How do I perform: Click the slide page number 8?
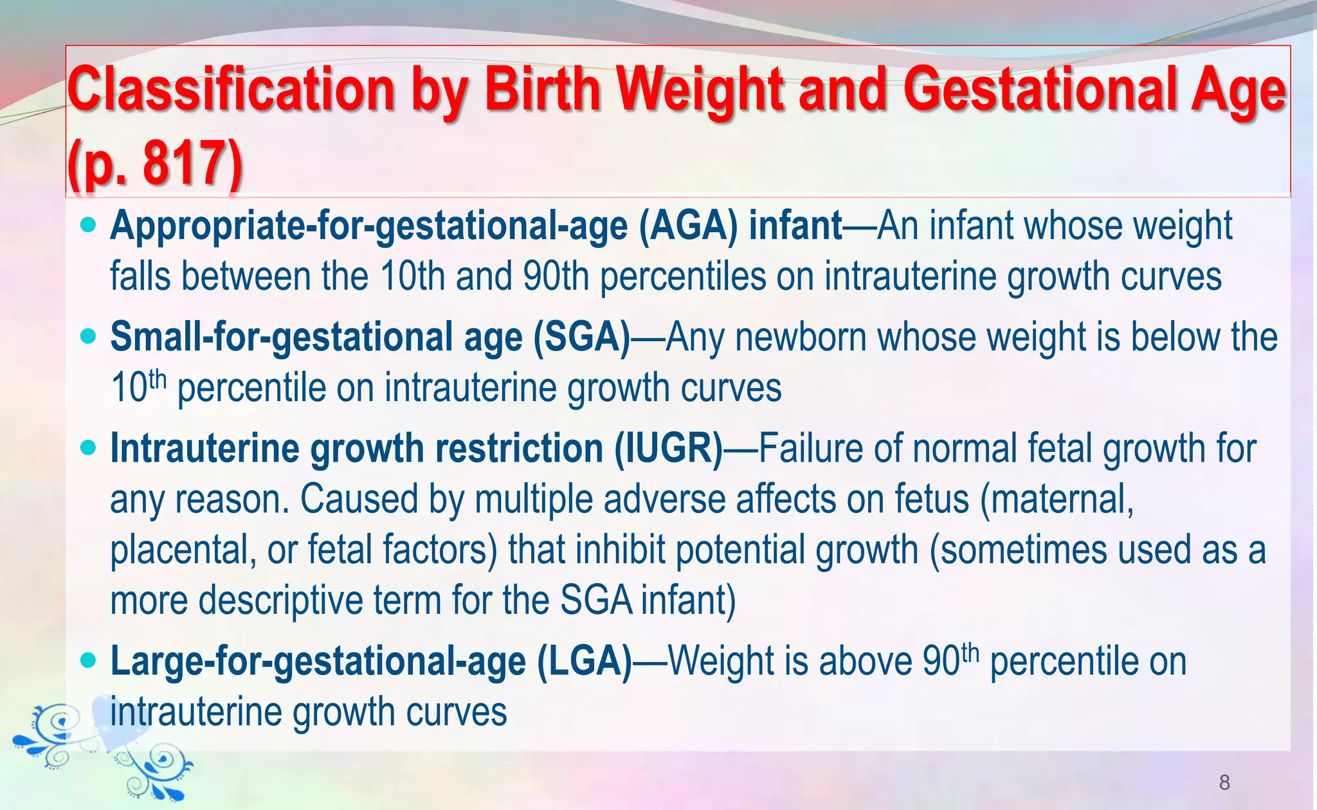point(1224,782)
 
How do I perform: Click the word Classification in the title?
point(231,91)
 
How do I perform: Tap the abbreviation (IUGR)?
point(669,448)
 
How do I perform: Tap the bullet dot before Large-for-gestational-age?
point(89,660)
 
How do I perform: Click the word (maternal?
point(1057,500)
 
